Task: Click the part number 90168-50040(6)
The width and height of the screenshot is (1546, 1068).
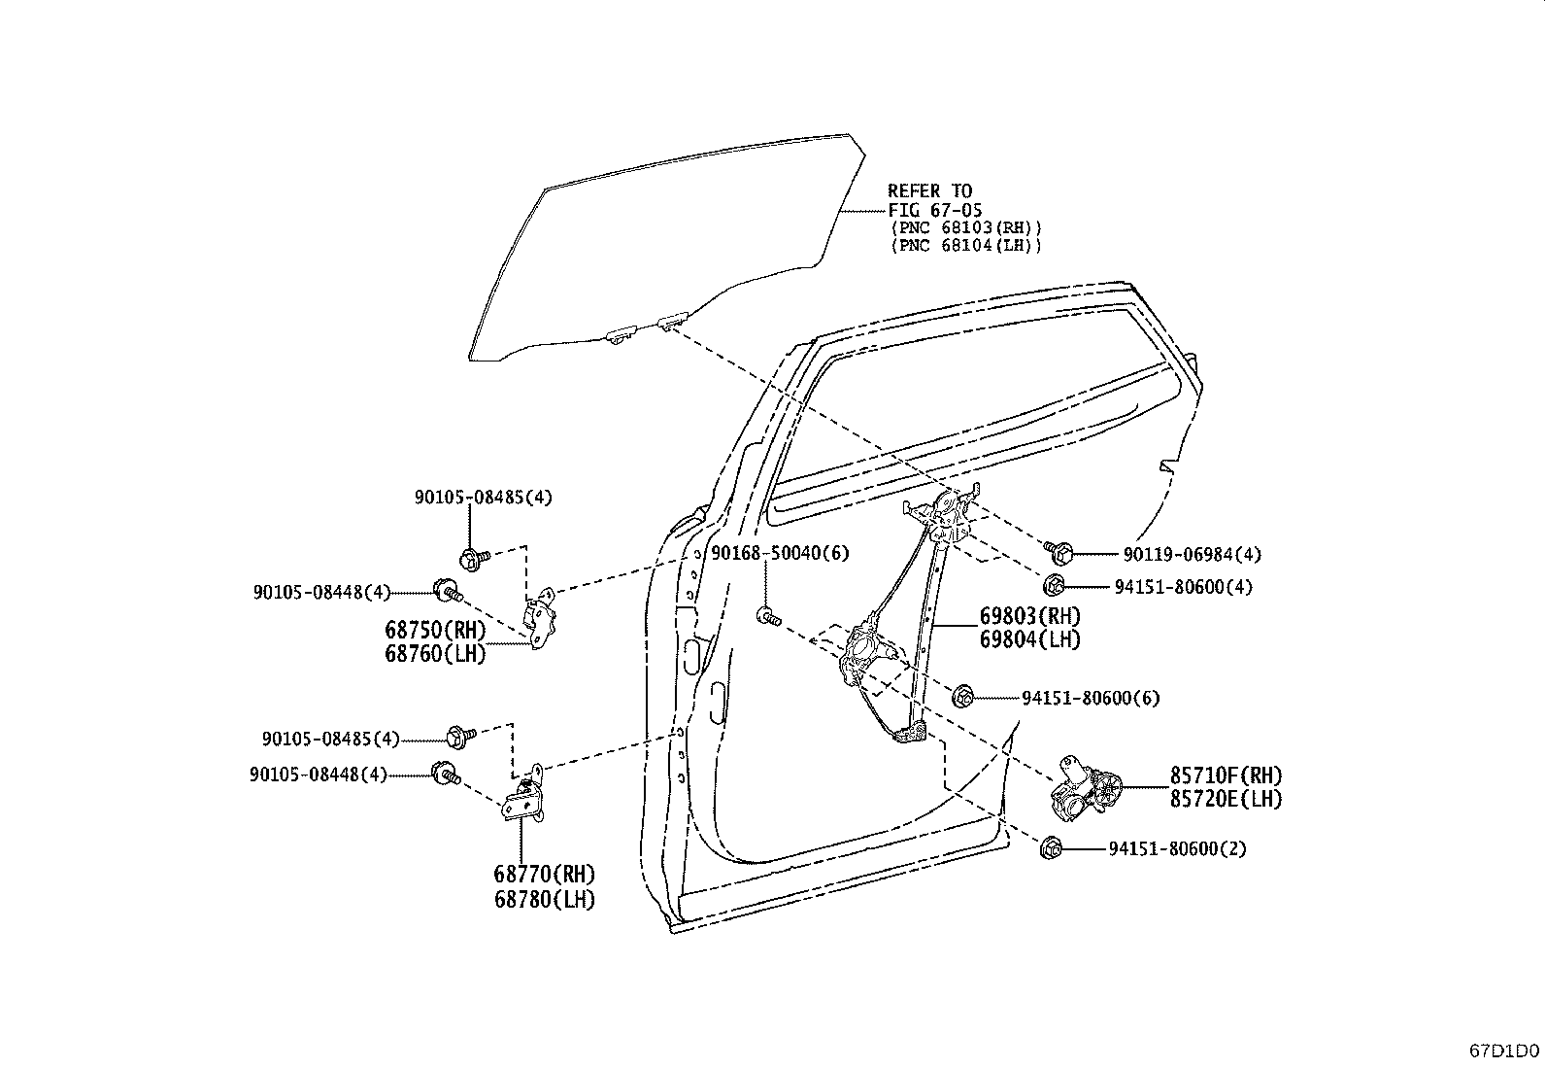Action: pos(780,553)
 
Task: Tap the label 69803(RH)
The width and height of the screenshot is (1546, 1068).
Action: pos(1029,615)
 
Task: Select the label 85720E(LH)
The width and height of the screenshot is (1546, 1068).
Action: pos(1226,799)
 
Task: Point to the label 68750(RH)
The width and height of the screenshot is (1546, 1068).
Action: pos(435,630)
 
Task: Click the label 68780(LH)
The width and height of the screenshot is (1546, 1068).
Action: pos(545,899)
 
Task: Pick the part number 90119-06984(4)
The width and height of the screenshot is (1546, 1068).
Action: pos(1192,554)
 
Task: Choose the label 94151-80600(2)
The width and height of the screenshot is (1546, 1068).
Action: pos(1177,848)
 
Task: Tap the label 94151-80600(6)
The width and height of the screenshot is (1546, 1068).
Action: pos(1091,698)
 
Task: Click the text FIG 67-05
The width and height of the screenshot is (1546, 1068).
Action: pos(934,210)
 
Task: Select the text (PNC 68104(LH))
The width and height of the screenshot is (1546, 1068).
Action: pos(966,245)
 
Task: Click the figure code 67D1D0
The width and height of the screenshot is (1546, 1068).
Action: pos(1504,1051)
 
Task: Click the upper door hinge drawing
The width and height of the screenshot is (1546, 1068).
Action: pos(540,618)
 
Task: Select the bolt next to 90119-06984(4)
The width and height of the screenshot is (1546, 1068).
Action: pos(1059,552)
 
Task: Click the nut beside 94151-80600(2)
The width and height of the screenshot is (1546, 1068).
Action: pos(1051,847)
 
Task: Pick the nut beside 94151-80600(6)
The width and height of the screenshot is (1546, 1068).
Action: pos(962,697)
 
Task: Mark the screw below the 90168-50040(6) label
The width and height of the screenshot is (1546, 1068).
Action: pos(768,615)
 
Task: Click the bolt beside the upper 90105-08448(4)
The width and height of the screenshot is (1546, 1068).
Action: pos(448,591)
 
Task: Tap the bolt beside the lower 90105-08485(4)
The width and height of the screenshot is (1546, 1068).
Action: pos(460,737)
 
